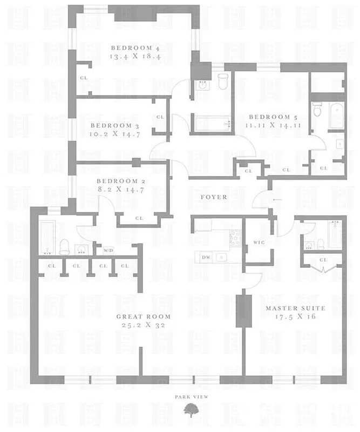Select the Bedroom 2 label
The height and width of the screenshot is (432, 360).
(x=117, y=181)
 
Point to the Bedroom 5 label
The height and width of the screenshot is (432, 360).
(x=269, y=117)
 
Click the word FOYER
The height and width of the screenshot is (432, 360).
(x=214, y=197)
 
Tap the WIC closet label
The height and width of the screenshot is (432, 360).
(x=258, y=243)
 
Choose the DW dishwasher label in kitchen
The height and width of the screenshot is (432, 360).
(x=206, y=258)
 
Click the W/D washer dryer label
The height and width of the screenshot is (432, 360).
(x=108, y=250)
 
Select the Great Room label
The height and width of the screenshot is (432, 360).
(x=144, y=316)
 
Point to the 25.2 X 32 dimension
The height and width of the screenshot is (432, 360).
(x=144, y=326)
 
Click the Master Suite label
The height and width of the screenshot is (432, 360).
(x=295, y=308)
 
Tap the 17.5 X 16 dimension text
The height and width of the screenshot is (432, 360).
(x=295, y=316)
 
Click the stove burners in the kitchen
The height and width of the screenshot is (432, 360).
(x=235, y=238)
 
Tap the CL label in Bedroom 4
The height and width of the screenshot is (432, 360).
(x=84, y=78)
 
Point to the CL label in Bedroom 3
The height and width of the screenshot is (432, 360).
(x=160, y=117)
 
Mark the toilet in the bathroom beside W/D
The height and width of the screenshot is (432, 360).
(x=64, y=247)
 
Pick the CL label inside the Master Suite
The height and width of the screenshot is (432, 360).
(x=323, y=260)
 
